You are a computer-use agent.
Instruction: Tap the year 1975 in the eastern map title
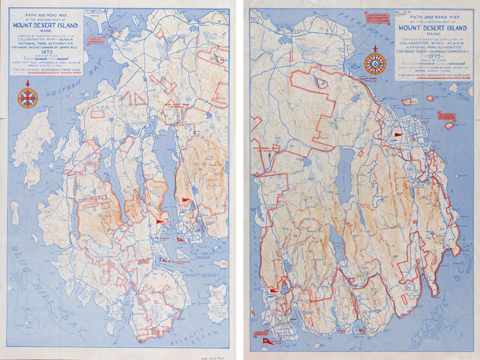[x=435, y=54]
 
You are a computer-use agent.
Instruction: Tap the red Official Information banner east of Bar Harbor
[x=446, y=116]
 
